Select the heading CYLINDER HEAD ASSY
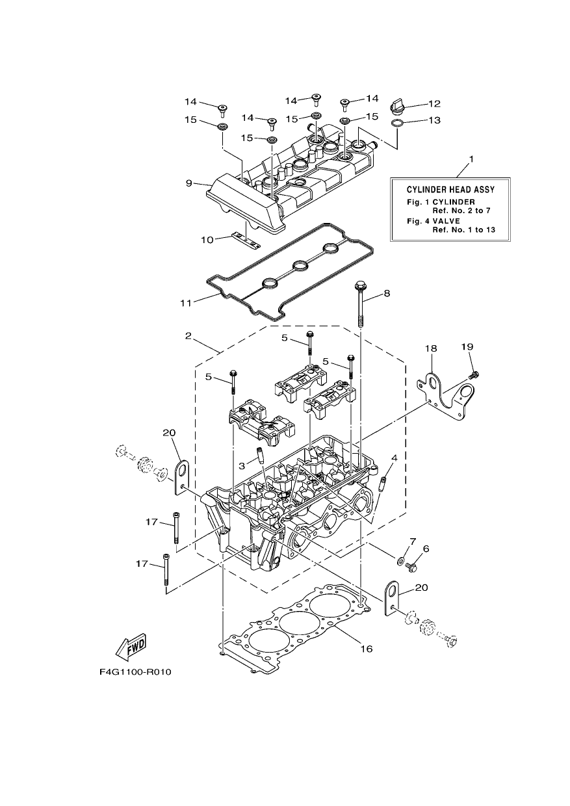coord(450,190)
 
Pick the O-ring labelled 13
coord(397,123)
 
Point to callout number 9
coord(189,183)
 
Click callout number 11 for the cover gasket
coord(186,304)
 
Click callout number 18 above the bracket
coord(431,348)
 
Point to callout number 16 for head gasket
coord(367,649)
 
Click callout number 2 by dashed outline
coord(188,336)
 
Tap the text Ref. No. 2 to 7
coord(461,211)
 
